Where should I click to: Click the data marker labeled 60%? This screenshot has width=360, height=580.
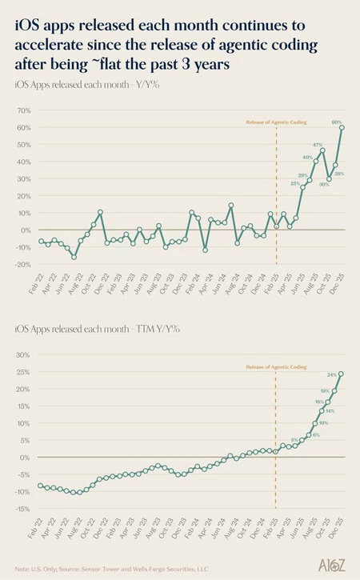click(342, 127)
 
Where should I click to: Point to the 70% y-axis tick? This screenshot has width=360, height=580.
click(22, 110)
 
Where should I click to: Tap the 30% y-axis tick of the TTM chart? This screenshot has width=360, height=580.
click(22, 355)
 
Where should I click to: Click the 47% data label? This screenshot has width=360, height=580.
click(318, 144)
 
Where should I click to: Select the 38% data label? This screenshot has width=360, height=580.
click(339, 174)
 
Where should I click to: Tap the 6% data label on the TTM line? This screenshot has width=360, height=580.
click(316, 434)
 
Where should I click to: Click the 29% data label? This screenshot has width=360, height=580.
click(303, 175)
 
